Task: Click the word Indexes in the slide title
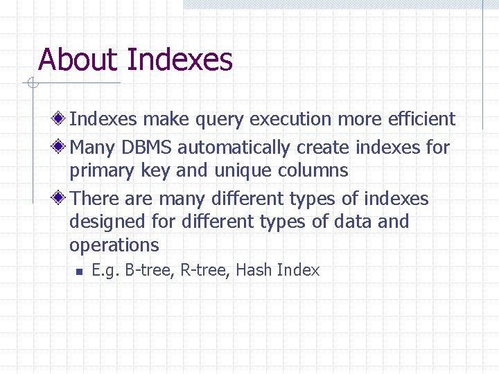180,60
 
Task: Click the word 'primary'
98,170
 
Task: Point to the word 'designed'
100,222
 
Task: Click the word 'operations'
114,245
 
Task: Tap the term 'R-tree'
205,270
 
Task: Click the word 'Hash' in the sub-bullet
254,270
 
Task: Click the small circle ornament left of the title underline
32,84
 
